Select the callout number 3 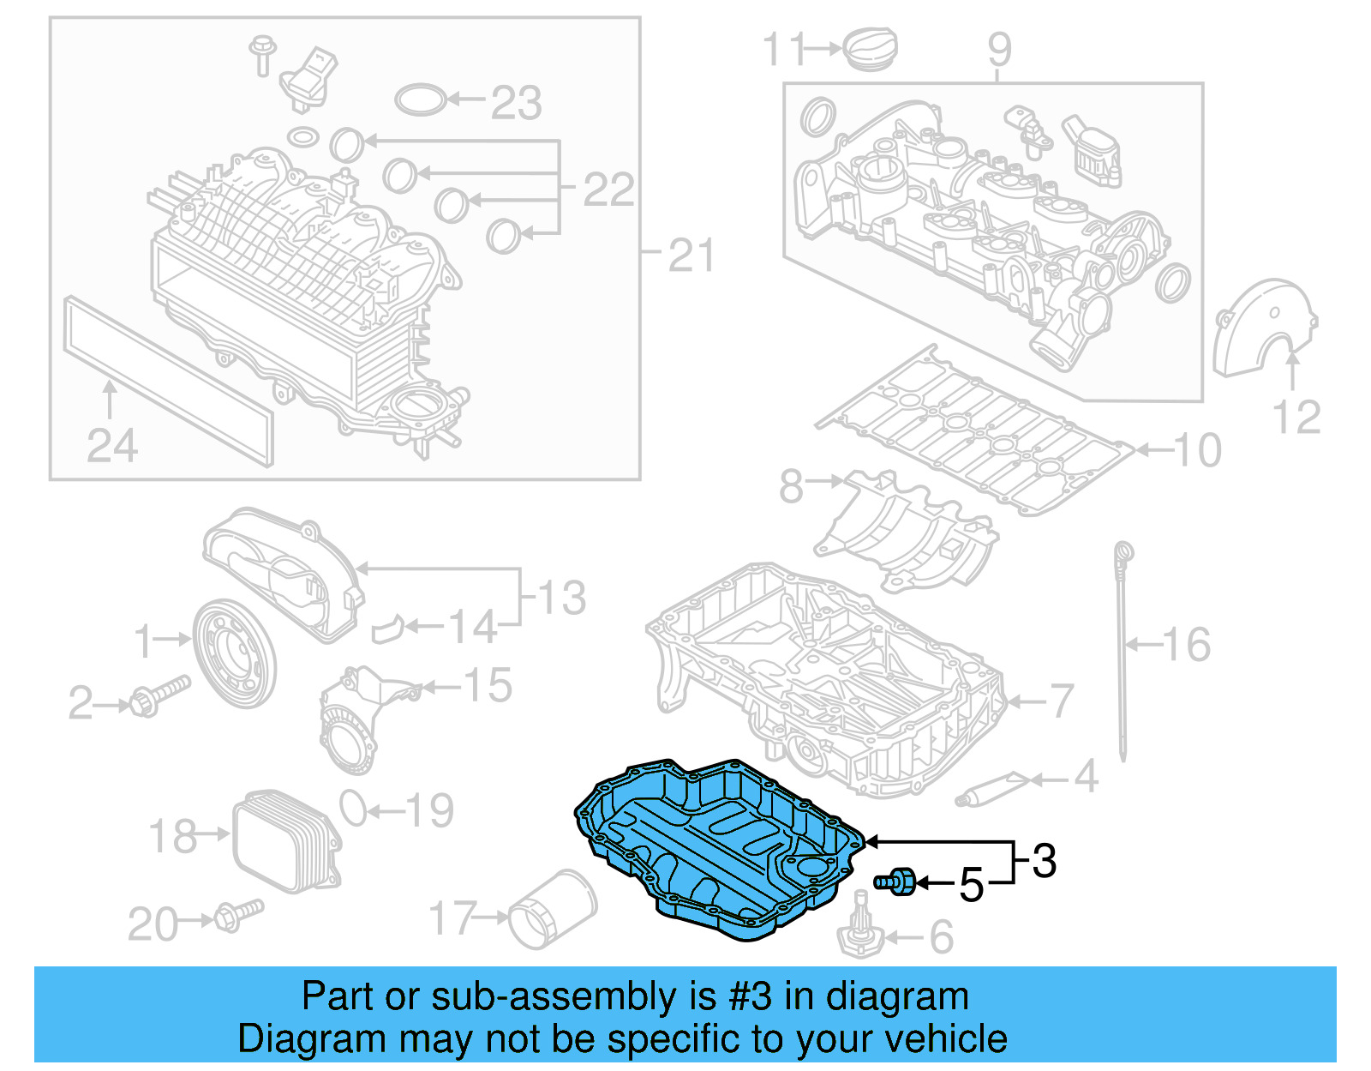pyautogui.click(x=1044, y=860)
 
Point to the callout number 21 pyautogui.click(x=691, y=256)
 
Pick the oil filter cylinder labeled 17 pyautogui.click(x=552, y=911)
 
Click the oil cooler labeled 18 pyautogui.click(x=285, y=841)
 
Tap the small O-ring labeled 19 pyautogui.click(x=352, y=807)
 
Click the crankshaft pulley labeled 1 pyautogui.click(x=233, y=653)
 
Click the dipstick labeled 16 pyautogui.click(x=1123, y=652)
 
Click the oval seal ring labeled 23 pyautogui.click(x=421, y=99)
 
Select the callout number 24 pyautogui.click(x=112, y=446)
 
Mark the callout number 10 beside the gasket pyautogui.click(x=1197, y=450)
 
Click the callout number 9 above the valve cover pyautogui.click(x=999, y=49)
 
